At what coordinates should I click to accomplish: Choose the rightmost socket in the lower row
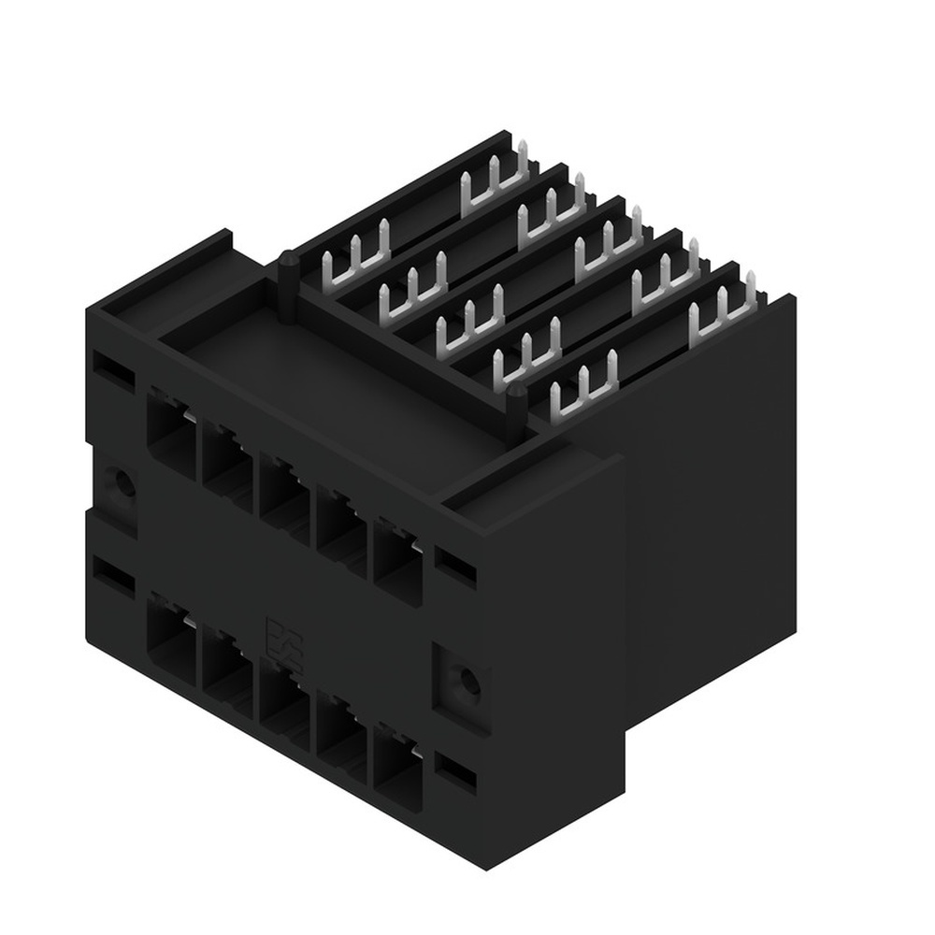398,763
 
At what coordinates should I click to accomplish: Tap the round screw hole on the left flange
119,483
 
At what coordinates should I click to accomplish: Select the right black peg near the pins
515,406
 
